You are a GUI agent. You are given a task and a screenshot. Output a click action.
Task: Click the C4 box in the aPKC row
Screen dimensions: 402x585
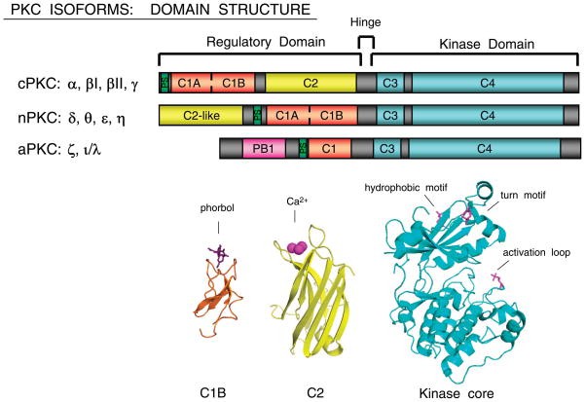(x=484, y=148)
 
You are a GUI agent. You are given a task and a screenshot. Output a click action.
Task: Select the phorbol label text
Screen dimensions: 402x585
(x=224, y=209)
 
